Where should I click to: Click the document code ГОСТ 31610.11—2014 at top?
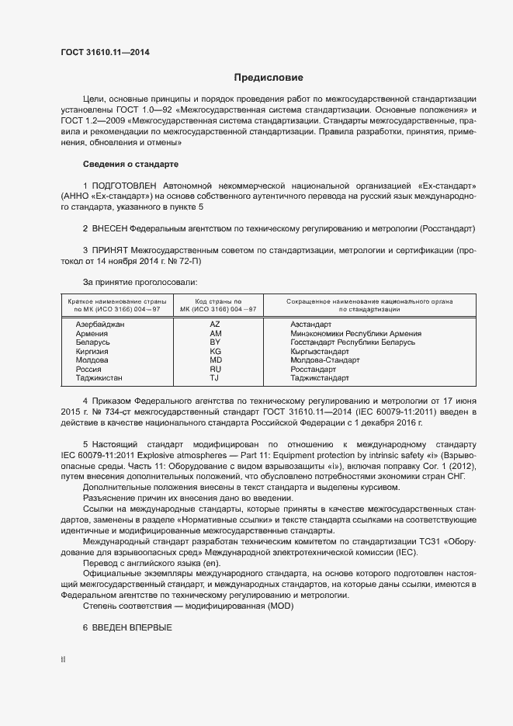[105, 53]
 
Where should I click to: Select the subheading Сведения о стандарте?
[130, 165]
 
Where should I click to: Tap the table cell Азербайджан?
[100, 325]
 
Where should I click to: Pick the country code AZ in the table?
[215, 325]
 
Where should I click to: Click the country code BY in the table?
[215, 342]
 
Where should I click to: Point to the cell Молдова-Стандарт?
[324, 360]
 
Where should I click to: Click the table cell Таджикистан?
[99, 378]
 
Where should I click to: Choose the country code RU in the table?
[215, 370]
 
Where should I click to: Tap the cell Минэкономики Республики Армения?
[355, 333]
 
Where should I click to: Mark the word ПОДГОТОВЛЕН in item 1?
[123, 186]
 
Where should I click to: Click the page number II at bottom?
[63, 660]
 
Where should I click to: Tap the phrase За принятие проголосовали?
[140, 282]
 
